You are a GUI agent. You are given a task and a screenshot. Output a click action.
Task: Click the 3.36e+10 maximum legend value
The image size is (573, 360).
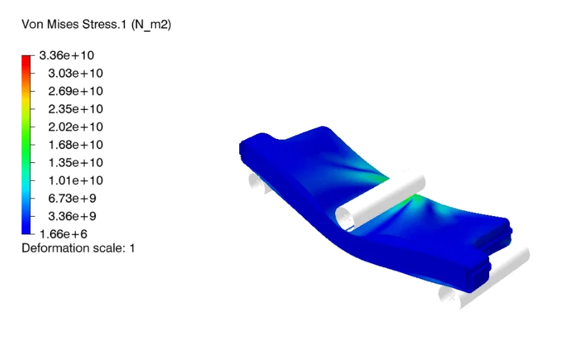66,55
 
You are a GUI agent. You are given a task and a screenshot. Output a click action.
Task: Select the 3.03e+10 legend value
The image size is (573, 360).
75,73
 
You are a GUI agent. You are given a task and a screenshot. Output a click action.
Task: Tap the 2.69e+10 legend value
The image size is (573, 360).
75,91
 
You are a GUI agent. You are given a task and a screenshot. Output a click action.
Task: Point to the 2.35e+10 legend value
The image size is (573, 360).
75,109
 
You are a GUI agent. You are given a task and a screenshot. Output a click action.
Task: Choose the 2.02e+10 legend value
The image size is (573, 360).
75,127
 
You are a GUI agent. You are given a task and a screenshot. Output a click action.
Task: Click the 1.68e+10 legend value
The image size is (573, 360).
75,145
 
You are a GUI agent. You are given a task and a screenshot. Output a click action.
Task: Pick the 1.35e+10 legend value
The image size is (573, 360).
75,162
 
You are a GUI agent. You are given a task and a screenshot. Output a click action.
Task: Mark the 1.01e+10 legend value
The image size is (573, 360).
75,181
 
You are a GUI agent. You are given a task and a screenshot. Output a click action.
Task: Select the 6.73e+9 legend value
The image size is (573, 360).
72,198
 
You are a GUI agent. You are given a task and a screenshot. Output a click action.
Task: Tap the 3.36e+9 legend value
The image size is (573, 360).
72,216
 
